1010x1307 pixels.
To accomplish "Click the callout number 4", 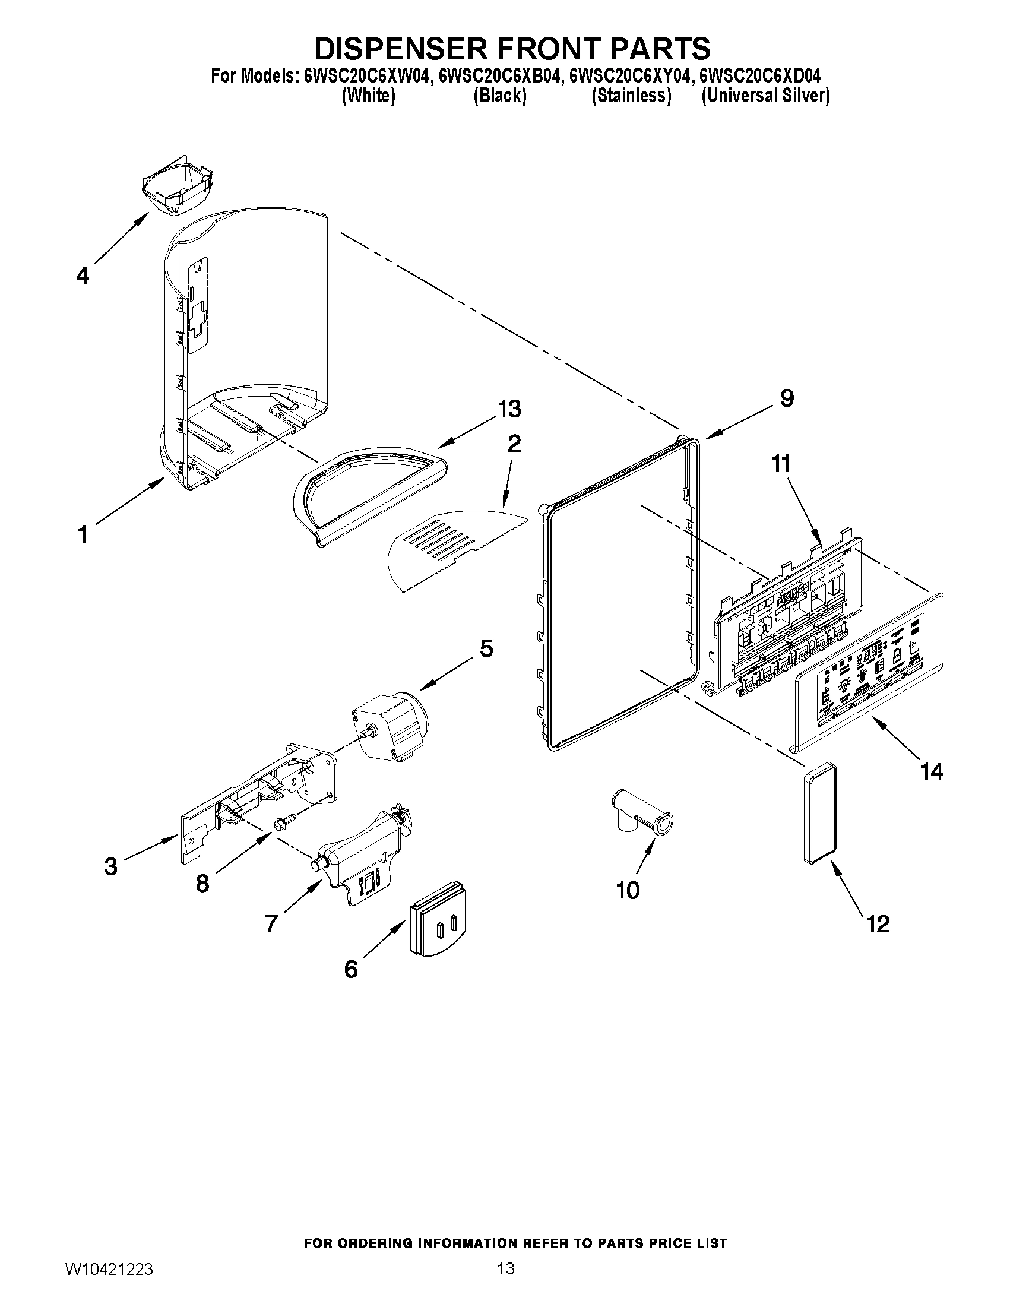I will pyautogui.click(x=83, y=276).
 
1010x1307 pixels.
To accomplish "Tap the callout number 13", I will pyautogui.click(x=509, y=409).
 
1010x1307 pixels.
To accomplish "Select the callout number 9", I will pyautogui.click(x=786, y=398).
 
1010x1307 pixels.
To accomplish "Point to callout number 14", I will pyautogui.click(x=932, y=772).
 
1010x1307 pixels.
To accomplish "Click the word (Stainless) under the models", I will pyautogui.click(x=631, y=96).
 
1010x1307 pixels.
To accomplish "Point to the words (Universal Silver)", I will pyautogui.click(x=765, y=96).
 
